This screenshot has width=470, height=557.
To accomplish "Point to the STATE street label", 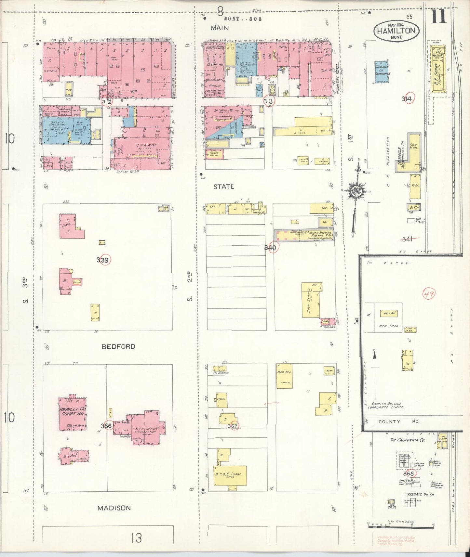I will tap(223, 187).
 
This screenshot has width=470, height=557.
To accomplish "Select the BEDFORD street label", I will tap(118, 347).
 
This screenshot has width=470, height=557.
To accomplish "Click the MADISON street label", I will tap(114, 508).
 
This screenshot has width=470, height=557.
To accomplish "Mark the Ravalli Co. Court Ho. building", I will tap(72, 414).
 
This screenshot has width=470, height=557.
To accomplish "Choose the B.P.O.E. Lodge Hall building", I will tap(230, 476).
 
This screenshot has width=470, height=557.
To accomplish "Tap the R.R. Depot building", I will tap(438, 70).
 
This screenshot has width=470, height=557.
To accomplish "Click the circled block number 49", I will tap(429, 294).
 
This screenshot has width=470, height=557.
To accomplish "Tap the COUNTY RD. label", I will tap(399, 421).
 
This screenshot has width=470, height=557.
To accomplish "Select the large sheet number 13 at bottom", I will tap(136, 538).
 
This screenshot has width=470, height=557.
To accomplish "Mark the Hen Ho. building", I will tap(389, 313).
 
